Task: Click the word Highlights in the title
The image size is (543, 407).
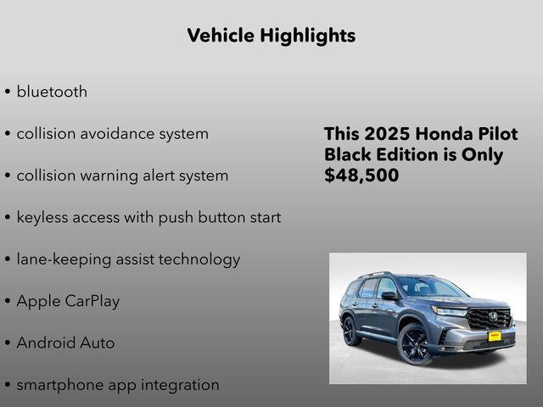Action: [308, 36]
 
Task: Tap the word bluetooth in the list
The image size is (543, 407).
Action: [52, 92]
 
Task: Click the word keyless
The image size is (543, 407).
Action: [43, 217]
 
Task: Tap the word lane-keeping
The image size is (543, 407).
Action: [64, 259]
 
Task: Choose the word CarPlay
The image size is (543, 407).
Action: [92, 301]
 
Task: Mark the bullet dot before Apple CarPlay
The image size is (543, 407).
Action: [8, 302]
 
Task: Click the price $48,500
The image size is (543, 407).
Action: [361, 176]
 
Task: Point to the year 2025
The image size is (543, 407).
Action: [386, 135]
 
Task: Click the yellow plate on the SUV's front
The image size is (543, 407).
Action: [494, 336]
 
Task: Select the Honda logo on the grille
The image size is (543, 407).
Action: [495, 317]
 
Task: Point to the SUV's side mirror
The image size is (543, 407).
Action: [389, 296]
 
